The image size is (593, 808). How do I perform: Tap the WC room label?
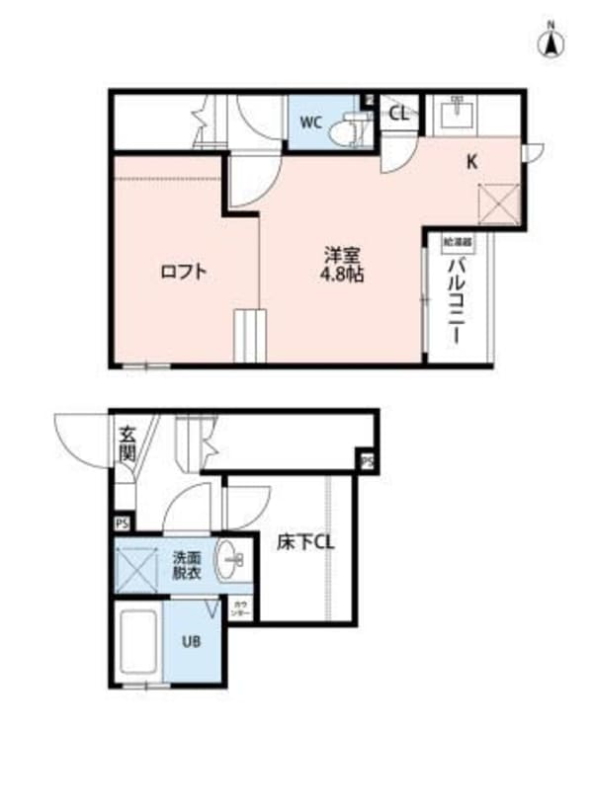pyautogui.click(x=310, y=122)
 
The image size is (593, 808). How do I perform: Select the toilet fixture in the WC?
pyautogui.click(x=347, y=125)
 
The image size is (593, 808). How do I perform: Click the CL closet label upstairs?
pyautogui.click(x=398, y=114)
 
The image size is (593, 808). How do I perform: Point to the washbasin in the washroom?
pyautogui.click(x=231, y=564)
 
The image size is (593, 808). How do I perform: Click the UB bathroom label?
pyautogui.click(x=190, y=639)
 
